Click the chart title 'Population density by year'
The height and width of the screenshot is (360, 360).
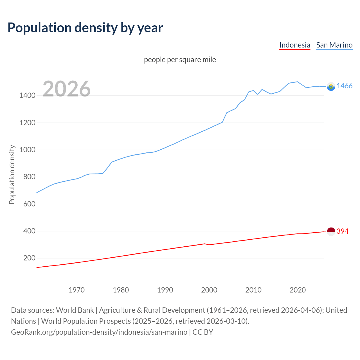point(85,28)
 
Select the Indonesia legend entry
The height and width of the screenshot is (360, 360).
point(294,45)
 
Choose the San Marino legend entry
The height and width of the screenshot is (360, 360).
point(334,45)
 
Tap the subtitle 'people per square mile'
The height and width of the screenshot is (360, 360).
point(180,60)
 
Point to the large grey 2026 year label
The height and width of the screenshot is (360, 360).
point(67,89)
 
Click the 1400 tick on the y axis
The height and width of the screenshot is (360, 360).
point(27,96)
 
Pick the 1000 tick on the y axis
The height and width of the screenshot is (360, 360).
point(27,150)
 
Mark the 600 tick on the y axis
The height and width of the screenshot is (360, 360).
point(29,204)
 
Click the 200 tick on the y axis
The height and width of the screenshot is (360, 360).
point(29,258)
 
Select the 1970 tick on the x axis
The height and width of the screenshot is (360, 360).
point(76,290)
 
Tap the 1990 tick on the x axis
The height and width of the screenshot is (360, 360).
point(165,290)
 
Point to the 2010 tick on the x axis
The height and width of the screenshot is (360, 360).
point(253,290)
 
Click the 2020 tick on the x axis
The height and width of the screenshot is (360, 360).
point(298,290)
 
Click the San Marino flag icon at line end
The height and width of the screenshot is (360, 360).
point(331,86)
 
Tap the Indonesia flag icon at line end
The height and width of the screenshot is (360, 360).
point(331,231)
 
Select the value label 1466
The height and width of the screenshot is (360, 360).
point(344,86)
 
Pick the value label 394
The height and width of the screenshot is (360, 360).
point(342,231)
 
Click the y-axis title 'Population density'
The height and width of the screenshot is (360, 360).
point(12,174)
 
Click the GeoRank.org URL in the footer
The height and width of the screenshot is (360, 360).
point(99,332)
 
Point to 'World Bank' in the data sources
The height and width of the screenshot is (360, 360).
point(75,310)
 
